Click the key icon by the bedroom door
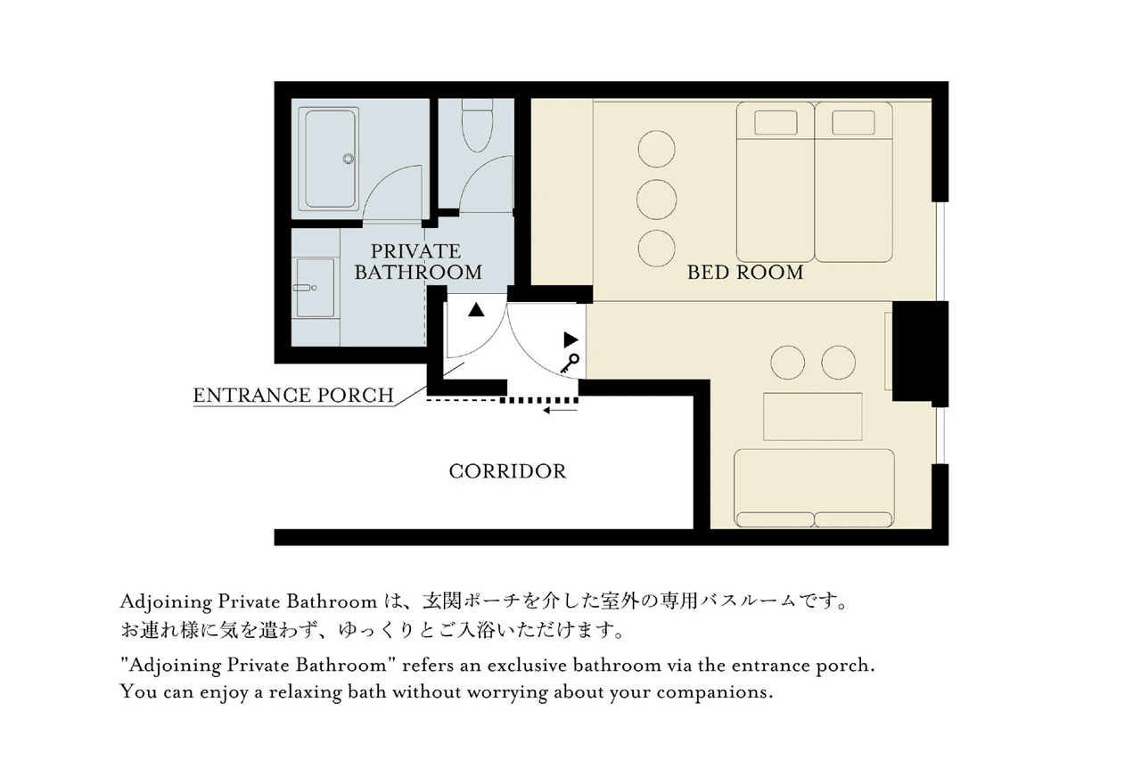point(570,364)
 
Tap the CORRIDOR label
point(507,471)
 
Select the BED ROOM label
point(745,273)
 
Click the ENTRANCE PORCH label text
point(293,395)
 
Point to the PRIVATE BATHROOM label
point(418,262)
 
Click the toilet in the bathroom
point(477,126)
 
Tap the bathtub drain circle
point(349,159)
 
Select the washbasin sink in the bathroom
point(316,288)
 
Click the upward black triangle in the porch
point(476,309)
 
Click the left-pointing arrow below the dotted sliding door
point(561,410)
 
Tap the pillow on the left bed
point(776,123)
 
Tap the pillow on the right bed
point(853,123)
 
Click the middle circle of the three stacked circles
point(657,200)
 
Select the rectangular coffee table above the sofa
point(812,416)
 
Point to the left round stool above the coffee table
point(787,363)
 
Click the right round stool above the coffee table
point(839,363)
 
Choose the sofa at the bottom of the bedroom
point(814,488)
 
